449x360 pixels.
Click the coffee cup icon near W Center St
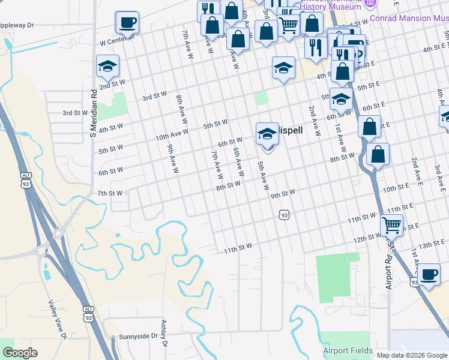(127, 23)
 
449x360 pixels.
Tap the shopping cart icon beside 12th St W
(391, 226)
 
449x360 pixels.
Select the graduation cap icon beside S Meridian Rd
(107, 66)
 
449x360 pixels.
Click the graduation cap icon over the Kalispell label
(267, 134)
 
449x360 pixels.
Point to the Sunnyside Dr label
(137, 337)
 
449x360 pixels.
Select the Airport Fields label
(348, 351)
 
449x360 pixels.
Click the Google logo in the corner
(20, 352)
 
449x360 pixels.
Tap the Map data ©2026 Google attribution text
(412, 355)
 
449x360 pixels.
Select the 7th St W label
(110, 193)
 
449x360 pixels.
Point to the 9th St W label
(283, 194)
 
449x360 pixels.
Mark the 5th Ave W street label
(262, 176)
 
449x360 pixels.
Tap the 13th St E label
(432, 245)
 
